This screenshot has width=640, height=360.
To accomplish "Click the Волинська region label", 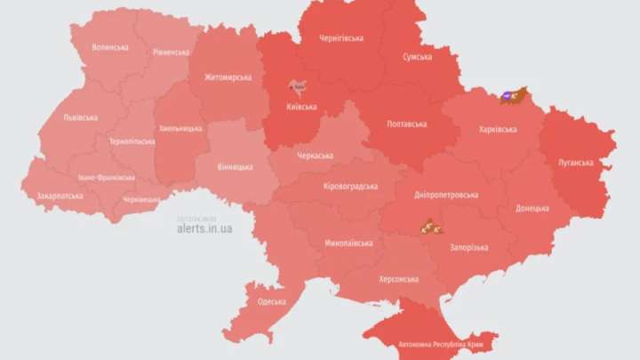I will click(110, 47).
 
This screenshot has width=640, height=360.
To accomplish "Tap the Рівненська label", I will click(170, 52).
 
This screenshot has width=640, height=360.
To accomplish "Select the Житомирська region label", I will click(228, 77).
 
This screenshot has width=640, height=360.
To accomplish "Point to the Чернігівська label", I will click(341, 38).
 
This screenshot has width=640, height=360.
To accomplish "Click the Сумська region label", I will click(417, 57).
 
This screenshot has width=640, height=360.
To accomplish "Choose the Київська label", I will click(302, 107).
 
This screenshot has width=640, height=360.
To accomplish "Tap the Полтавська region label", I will click(407, 124).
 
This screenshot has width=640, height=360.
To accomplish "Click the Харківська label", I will click(498, 129).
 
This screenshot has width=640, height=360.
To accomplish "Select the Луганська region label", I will click(577, 163).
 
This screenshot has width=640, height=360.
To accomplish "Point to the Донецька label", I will click(532, 209).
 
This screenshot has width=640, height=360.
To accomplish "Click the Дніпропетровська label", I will click(446, 195).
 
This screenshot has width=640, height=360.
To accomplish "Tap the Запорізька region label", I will click(468, 247).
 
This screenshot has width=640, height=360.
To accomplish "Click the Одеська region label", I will click(272, 301).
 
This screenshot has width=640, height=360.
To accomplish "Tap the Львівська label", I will click(80, 117).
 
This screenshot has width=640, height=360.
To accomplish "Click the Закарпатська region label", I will click(60, 196).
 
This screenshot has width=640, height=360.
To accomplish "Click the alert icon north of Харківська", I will click(513, 95).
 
